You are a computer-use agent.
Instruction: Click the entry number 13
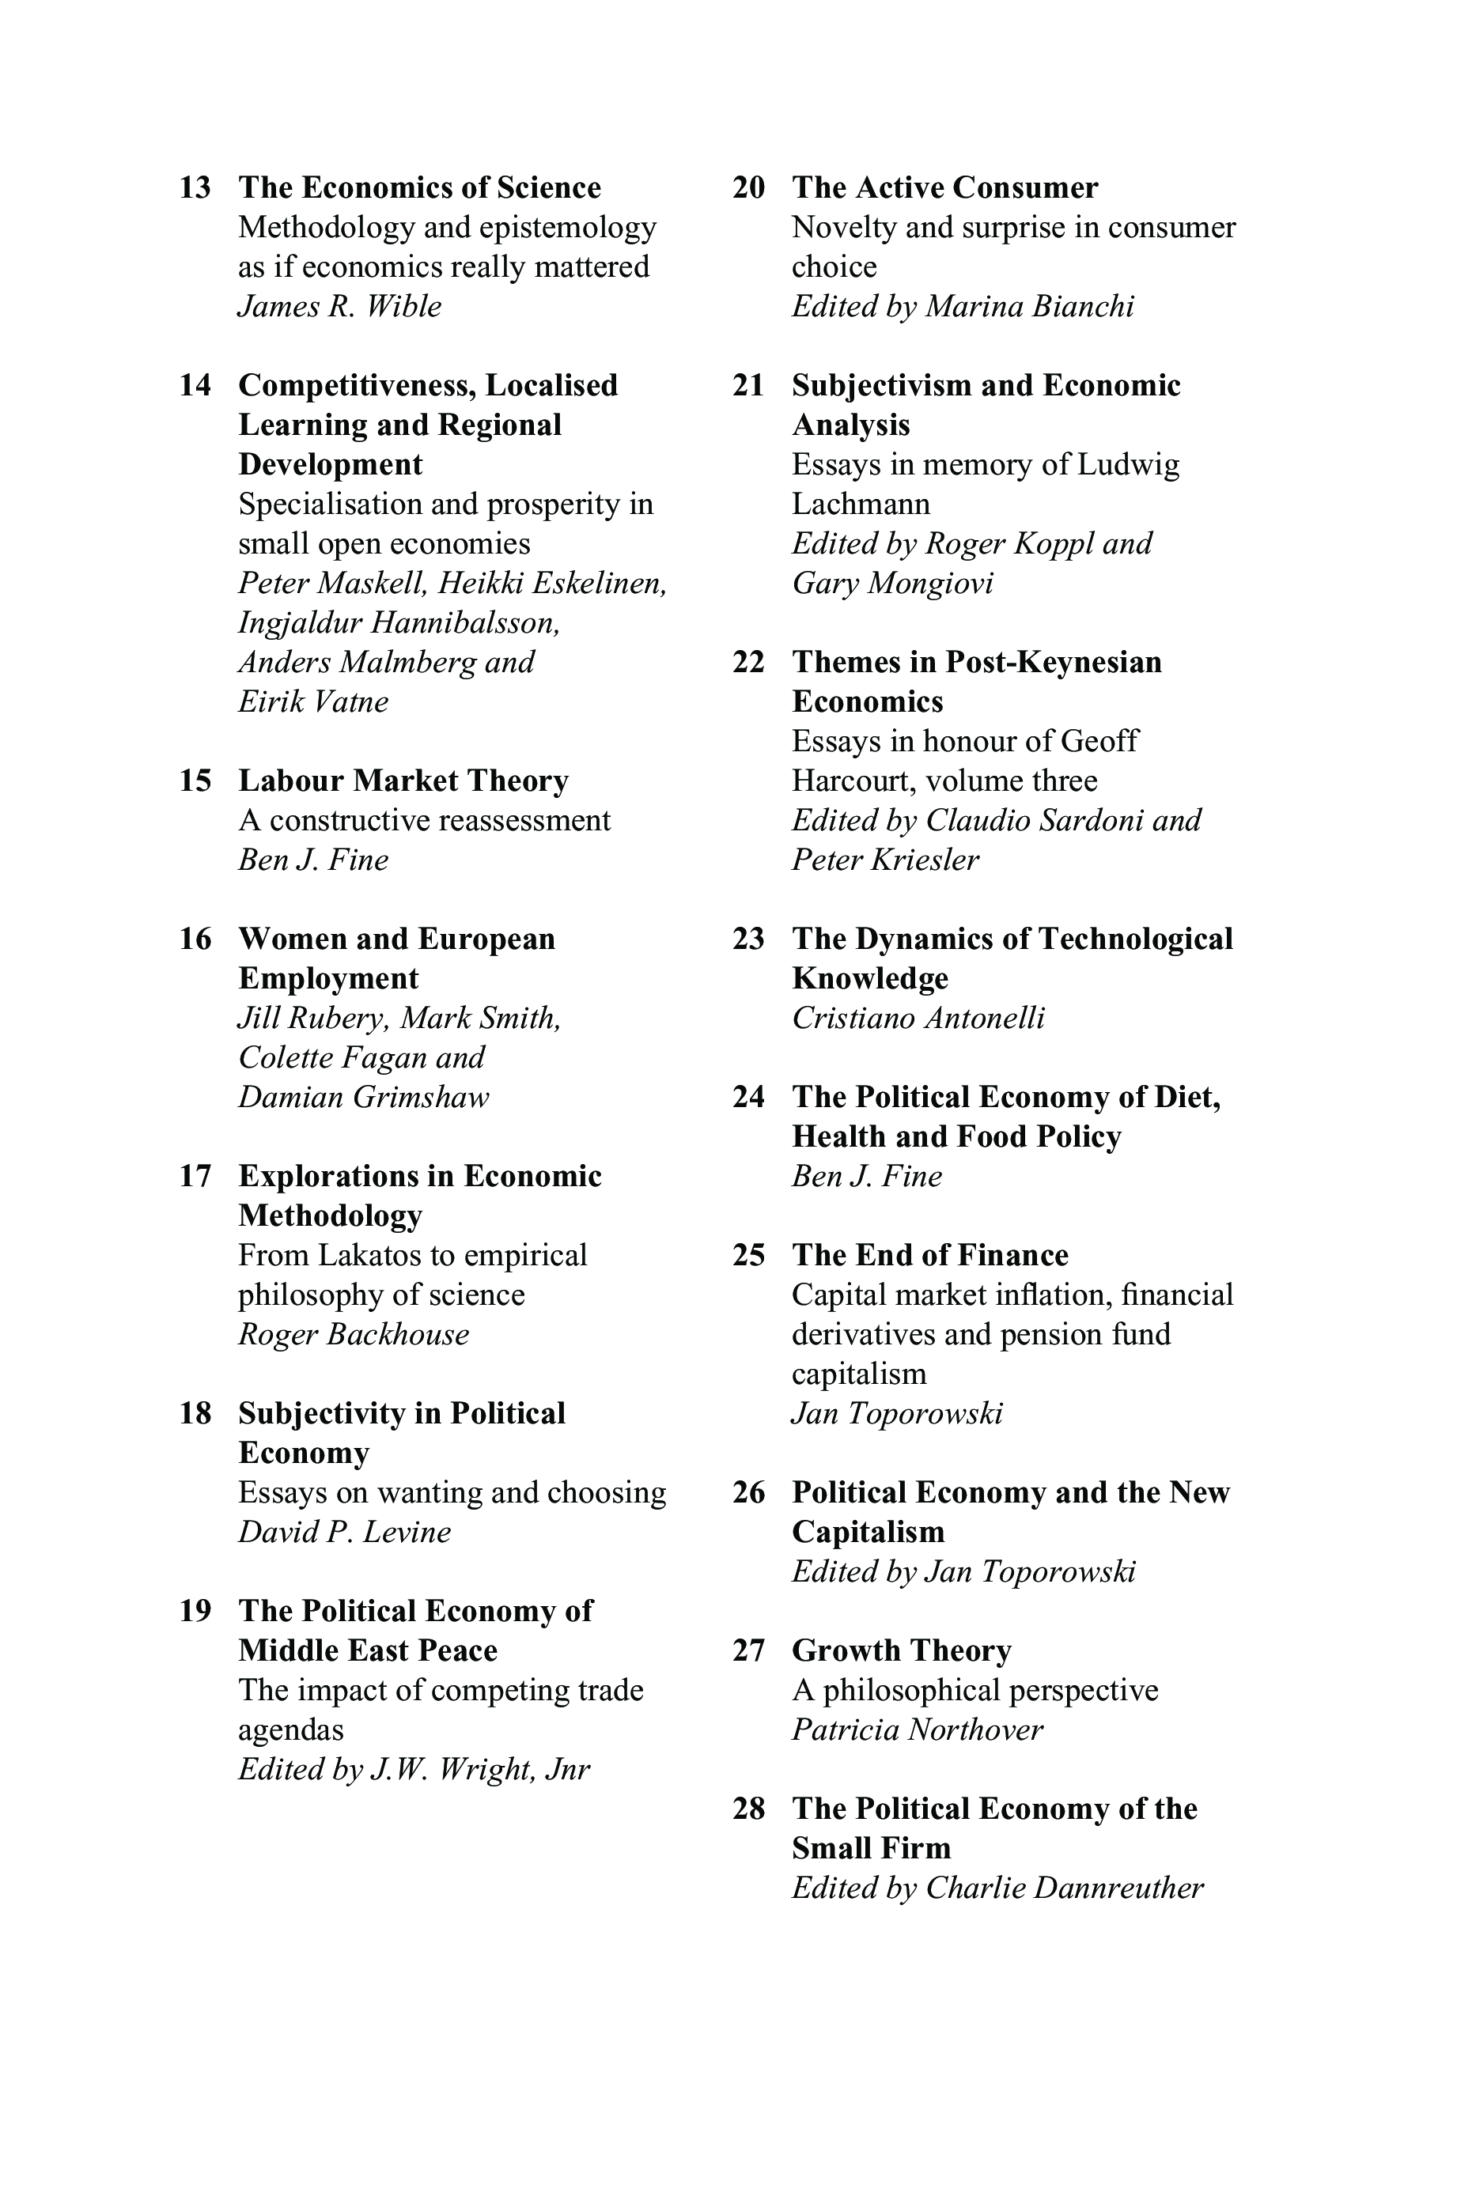pyautogui.click(x=195, y=187)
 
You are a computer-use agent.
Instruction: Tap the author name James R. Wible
pyautogui.click(x=339, y=307)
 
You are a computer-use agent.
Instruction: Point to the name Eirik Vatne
pyautogui.click(x=313, y=701)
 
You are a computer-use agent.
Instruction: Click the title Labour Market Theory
pyautogui.click(x=403, y=781)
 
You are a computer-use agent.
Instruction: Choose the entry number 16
pyautogui.click(x=195, y=939)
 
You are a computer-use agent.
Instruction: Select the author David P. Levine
pyautogui.click(x=344, y=1532)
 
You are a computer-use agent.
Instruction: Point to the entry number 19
pyautogui.click(x=195, y=1611)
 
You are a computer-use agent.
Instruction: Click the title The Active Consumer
pyautogui.click(x=944, y=187)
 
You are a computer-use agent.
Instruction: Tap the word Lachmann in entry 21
pyautogui.click(x=861, y=505)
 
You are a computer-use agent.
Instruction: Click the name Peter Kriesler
pyautogui.click(x=884, y=860)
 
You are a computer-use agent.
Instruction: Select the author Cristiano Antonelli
pyautogui.click(x=918, y=1019)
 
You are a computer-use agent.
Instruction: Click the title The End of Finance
pyautogui.click(x=929, y=1255)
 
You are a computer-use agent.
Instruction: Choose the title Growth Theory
pyautogui.click(x=902, y=1651)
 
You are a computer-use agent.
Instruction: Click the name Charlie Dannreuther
pyautogui.click(x=1064, y=1888)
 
